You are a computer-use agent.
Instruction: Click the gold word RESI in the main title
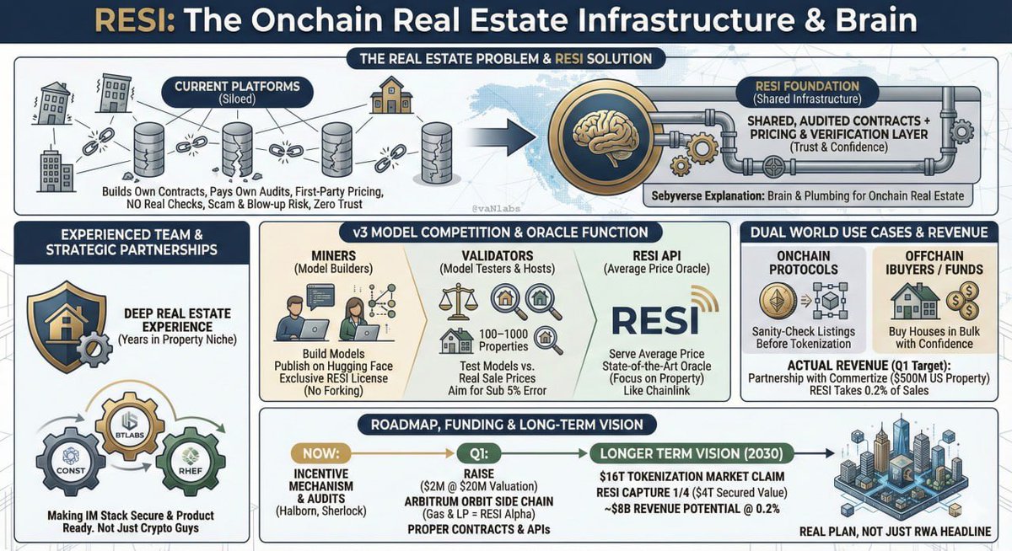pyautogui.click(x=135, y=20)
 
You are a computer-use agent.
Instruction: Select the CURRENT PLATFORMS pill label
pyautogui.click(x=237, y=92)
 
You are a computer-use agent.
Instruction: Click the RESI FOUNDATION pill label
pyautogui.click(x=807, y=92)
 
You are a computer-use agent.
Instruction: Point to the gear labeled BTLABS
pyautogui.click(x=130, y=426)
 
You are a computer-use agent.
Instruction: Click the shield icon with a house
pyautogui.click(x=67, y=326)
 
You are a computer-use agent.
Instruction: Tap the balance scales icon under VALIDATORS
pyautogui.click(x=458, y=302)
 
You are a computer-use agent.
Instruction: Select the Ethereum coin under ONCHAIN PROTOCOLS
pyautogui.click(x=778, y=301)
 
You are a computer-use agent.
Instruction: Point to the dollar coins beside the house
pyautogui.click(x=963, y=301)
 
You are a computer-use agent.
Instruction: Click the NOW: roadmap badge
pyautogui.click(x=320, y=453)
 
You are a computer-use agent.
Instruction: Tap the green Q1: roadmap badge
pyautogui.click(x=478, y=453)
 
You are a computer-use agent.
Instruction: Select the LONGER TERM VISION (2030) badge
pyautogui.click(x=692, y=453)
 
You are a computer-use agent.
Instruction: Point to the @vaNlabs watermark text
pyautogui.click(x=496, y=208)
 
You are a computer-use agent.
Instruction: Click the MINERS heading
pyautogui.click(x=333, y=256)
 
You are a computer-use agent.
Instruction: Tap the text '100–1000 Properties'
pyautogui.click(x=503, y=340)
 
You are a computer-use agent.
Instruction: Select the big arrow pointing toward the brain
pyautogui.click(x=501, y=136)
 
